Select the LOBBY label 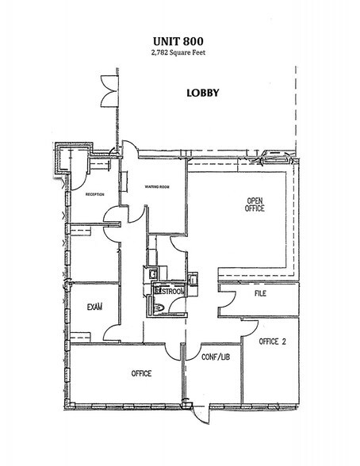(x=202, y=92)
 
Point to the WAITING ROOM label (x=159, y=187)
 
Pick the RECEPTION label (x=95, y=194)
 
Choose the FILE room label (x=259, y=294)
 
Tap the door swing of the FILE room (x=225, y=298)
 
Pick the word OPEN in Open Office (x=254, y=199)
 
